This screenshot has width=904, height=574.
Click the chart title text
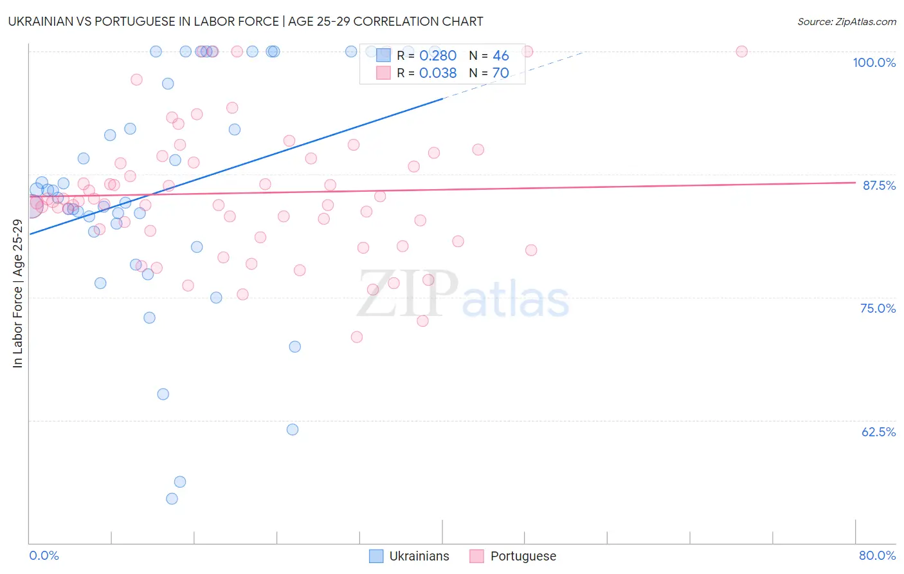246,21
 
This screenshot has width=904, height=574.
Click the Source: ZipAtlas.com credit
846,21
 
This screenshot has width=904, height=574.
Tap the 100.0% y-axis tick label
874,62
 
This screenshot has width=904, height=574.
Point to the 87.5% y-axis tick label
878,185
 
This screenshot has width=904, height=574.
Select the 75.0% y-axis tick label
878,308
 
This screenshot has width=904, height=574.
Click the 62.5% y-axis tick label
878,432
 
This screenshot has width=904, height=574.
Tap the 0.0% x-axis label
44,555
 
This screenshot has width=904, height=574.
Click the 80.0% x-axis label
877,555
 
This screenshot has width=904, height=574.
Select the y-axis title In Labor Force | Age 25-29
17,293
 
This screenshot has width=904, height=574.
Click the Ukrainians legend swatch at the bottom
376,556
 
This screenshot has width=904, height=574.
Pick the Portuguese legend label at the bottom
523,556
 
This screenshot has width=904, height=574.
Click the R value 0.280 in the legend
438,56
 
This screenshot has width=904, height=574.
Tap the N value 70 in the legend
500,73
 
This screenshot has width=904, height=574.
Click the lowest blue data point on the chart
172,499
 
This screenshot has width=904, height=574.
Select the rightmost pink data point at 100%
741,51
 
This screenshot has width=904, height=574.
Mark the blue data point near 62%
293,429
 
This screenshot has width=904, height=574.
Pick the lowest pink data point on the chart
357,337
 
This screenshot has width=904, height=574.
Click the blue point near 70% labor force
295,347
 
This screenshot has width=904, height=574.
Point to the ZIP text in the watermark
408,294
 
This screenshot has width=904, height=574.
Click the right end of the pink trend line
855,182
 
